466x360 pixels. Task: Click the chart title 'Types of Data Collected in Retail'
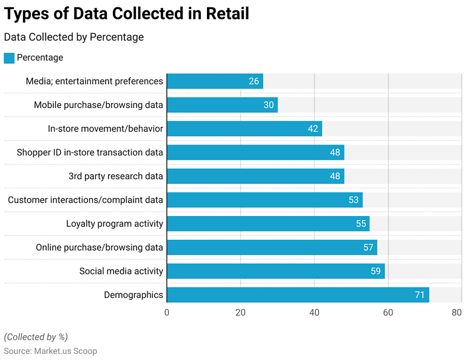pos(126,14)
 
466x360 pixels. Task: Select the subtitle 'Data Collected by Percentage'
pos(74,37)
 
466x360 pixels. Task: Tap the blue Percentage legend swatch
pos(9,58)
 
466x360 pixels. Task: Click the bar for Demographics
pos(297,295)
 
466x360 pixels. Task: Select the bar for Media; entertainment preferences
pos(215,81)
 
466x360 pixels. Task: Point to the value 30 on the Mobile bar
pos(268,105)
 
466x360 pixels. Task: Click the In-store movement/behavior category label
pos(106,129)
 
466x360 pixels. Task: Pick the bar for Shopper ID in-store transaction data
pos(255,152)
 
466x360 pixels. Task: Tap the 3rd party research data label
pos(115,176)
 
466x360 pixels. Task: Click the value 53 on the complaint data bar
pos(353,200)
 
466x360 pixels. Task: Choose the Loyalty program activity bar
pos(268,223)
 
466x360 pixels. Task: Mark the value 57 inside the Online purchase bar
pos(367,248)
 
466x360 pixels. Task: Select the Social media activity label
pos(121,271)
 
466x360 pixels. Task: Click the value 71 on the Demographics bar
pos(419,295)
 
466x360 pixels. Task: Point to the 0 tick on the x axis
pos(167,313)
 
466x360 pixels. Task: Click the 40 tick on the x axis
pos(314,313)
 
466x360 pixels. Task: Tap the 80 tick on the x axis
pos(457,313)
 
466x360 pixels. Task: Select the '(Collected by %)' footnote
pos(36,337)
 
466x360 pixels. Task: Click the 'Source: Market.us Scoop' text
pos(50,351)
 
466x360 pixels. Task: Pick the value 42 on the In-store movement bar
pos(312,129)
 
